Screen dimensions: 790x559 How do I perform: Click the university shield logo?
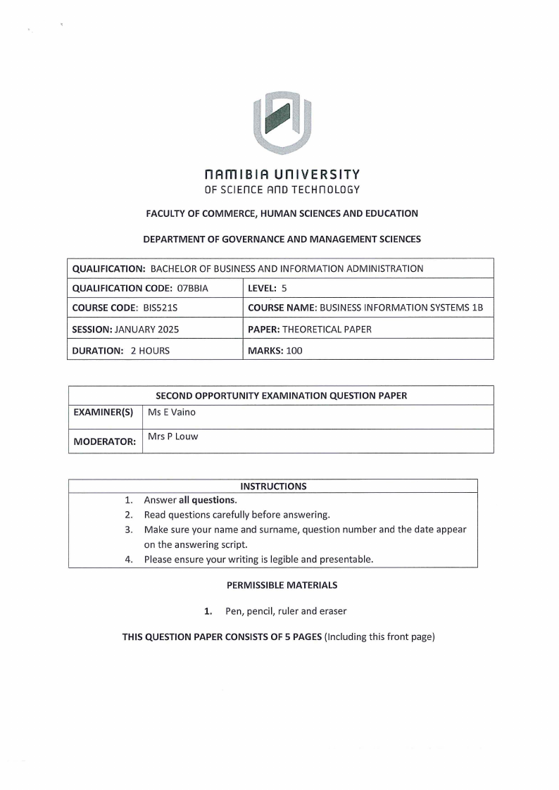[x=282, y=121]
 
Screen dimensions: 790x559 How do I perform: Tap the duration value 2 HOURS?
[x=150, y=350]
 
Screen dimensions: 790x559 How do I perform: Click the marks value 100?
[x=294, y=350]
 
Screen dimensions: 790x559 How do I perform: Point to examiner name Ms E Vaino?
[x=172, y=413]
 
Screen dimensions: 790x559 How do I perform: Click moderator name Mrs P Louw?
[x=173, y=437]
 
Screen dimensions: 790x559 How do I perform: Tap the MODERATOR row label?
[x=105, y=442]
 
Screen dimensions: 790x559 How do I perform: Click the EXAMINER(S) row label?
[x=103, y=413]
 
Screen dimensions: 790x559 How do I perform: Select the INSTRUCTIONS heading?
[x=273, y=486]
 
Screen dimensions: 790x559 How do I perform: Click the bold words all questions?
[x=208, y=500]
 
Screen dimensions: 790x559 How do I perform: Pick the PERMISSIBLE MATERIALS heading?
[x=282, y=585]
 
